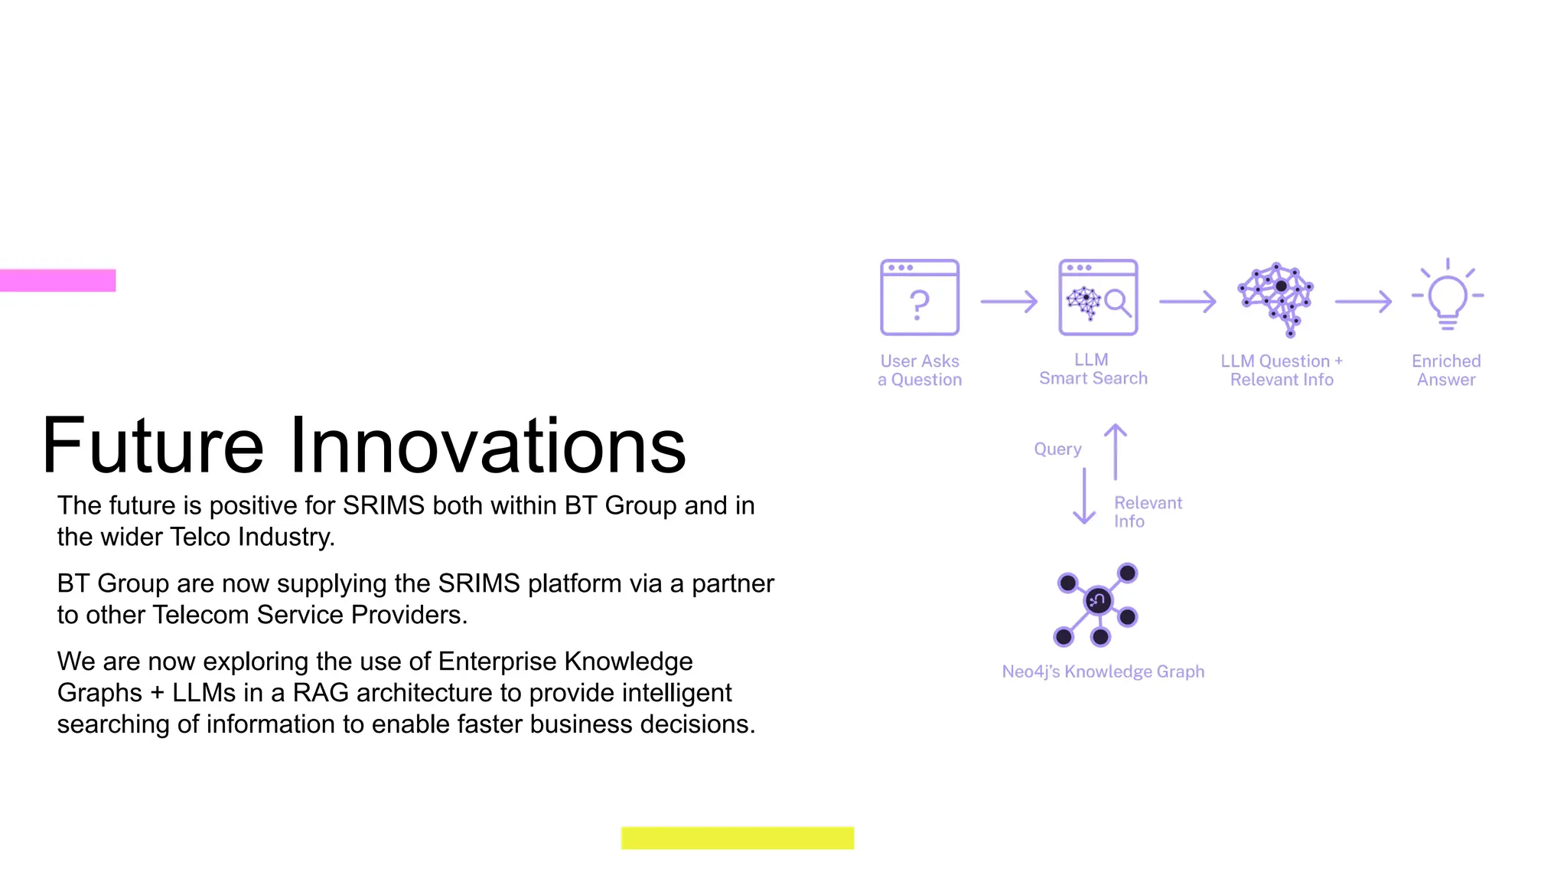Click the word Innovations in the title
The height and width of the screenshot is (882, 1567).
(x=487, y=446)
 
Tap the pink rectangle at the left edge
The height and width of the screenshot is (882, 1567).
(x=57, y=280)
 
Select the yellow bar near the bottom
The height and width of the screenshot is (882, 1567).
(x=737, y=838)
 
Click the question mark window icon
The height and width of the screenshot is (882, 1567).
(x=919, y=297)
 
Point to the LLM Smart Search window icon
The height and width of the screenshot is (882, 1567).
(x=1097, y=297)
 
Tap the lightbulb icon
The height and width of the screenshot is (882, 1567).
(x=1447, y=296)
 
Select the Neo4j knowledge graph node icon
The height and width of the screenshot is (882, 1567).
(x=1097, y=604)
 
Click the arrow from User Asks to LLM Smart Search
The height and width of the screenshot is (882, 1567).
(x=1008, y=302)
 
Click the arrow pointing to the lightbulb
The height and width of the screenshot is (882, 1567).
(x=1363, y=302)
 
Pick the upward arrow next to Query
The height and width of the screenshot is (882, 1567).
(x=1115, y=452)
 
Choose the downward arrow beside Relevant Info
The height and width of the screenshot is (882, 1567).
(x=1084, y=496)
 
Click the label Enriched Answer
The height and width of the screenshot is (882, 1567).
(x=1446, y=370)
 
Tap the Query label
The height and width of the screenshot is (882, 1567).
(x=1057, y=449)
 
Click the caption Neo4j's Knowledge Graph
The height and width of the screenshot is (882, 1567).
(x=1103, y=671)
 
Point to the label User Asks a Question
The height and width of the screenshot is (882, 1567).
(x=919, y=370)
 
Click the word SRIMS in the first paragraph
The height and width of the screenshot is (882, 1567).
(x=383, y=505)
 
